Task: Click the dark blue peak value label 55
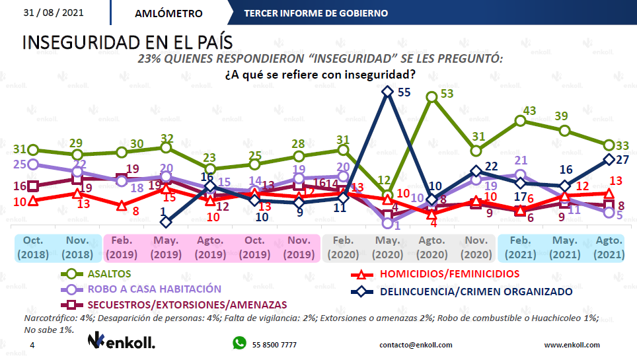[x=404, y=92]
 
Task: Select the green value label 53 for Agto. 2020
[x=447, y=94]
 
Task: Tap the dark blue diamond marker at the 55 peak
[x=388, y=92]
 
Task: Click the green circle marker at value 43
[x=521, y=121]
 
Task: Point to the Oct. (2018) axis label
[x=34, y=248]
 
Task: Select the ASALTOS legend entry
[x=108, y=273]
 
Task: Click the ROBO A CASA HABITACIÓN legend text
[x=153, y=289]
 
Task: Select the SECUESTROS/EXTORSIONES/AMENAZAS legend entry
[x=187, y=305]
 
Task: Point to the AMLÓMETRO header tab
[x=168, y=13]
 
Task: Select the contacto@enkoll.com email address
[x=416, y=345]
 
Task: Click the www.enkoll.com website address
[x=572, y=345]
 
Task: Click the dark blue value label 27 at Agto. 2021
[x=622, y=159]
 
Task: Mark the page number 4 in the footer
[x=32, y=345]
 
